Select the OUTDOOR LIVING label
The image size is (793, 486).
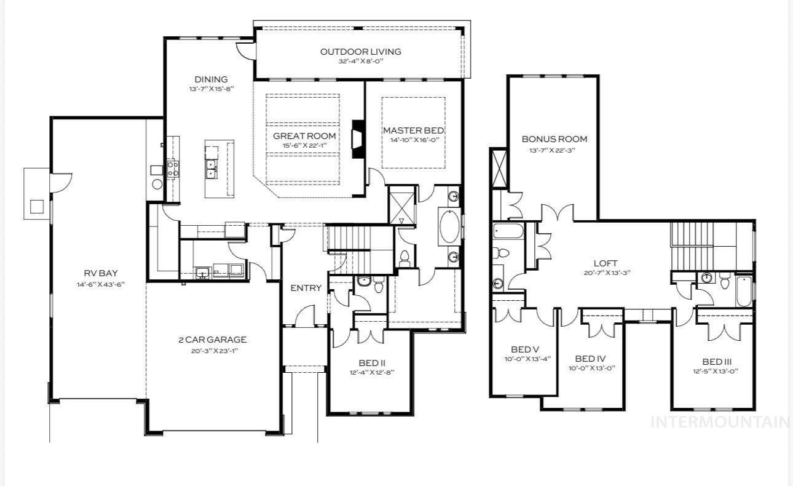[360, 52]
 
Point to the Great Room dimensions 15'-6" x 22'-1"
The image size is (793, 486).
[304, 146]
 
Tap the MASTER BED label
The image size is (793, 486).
[413, 130]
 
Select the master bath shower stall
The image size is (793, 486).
[403, 204]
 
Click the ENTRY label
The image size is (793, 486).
[306, 288]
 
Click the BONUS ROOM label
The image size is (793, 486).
[554, 139]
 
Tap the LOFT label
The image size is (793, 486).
[605, 263]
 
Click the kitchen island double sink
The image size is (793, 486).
[211, 169]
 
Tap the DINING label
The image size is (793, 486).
[211, 79]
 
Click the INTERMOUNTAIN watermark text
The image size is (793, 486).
[719, 422]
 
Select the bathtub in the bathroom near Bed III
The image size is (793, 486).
[743, 290]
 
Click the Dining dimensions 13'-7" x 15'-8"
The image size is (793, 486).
[211, 89]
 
